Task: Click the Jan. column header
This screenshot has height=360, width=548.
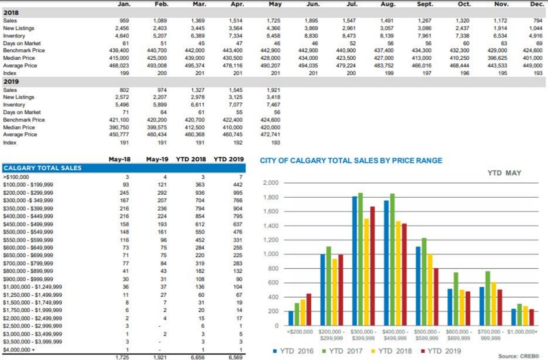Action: point(124,4)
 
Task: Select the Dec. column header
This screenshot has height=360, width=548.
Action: point(537,4)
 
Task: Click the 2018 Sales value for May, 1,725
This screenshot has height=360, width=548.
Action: point(273,21)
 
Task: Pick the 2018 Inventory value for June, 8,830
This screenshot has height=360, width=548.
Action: point(311,36)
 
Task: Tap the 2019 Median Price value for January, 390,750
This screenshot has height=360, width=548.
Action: point(122,127)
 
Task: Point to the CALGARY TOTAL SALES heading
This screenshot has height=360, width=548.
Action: point(42,168)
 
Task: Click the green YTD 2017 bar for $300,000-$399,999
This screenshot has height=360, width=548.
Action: point(360,259)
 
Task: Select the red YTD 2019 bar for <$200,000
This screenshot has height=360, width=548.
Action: point(309,309)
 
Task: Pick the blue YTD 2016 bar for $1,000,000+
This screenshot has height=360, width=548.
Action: point(514,317)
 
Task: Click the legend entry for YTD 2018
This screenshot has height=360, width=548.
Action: point(391,351)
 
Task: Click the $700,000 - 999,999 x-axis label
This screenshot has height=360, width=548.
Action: point(490,334)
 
